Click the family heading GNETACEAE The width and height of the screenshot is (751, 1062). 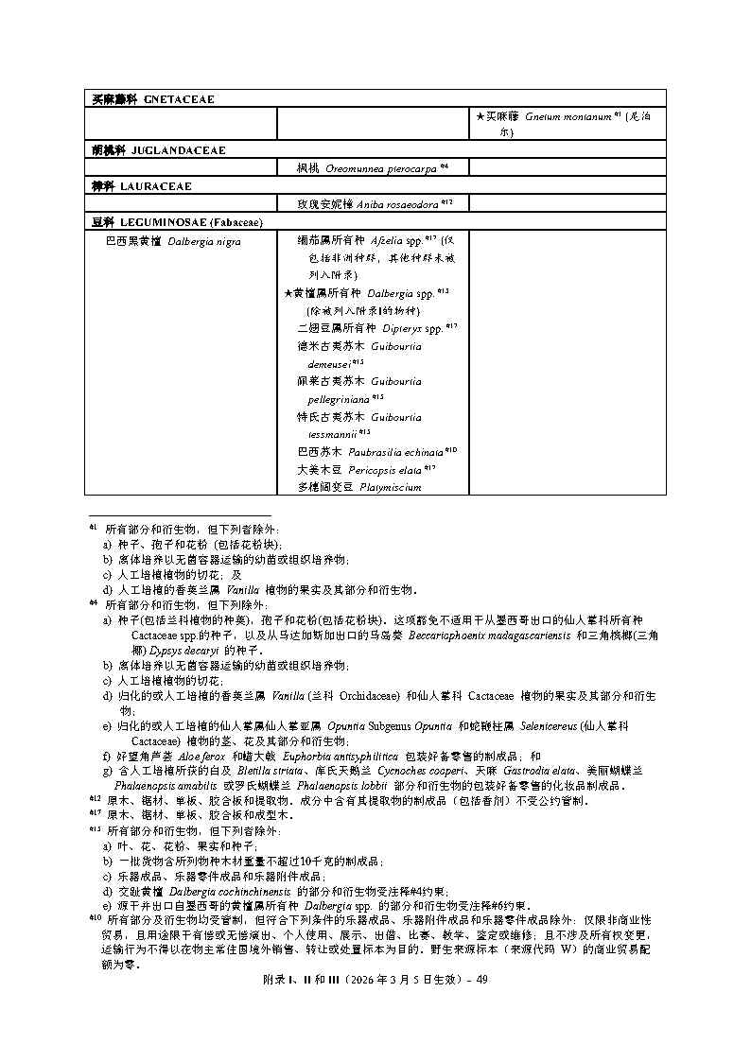179,99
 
